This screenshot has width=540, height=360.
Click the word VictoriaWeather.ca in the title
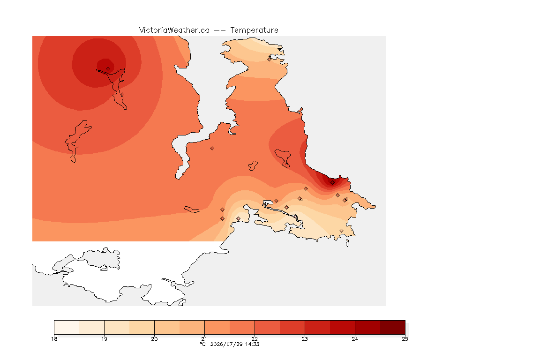(x=174, y=30)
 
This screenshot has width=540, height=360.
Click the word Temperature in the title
(x=254, y=30)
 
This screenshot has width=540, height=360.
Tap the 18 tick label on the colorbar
(x=54, y=339)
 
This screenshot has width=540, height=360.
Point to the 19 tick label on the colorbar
(x=104, y=339)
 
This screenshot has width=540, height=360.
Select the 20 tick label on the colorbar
(x=154, y=339)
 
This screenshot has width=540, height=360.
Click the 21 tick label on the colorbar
(x=204, y=339)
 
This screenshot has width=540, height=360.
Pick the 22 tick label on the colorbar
(x=255, y=339)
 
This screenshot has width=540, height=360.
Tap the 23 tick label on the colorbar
(x=305, y=339)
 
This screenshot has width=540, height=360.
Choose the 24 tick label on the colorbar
(x=355, y=339)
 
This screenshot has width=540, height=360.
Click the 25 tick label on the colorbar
(x=405, y=339)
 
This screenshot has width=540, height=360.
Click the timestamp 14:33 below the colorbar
(x=252, y=344)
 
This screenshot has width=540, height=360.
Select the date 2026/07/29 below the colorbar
(x=226, y=344)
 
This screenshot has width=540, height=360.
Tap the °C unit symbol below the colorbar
(x=202, y=344)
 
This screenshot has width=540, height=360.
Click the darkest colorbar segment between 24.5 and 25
(x=393, y=327)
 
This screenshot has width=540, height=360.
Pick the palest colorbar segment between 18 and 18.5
(x=67, y=327)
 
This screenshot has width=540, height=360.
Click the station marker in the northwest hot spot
(x=108, y=69)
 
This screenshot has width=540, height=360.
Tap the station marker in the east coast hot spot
(x=332, y=183)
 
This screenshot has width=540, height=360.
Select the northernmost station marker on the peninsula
(x=270, y=59)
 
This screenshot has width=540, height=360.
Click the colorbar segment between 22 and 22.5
(x=267, y=327)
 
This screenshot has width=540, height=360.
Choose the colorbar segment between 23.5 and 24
(x=342, y=327)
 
